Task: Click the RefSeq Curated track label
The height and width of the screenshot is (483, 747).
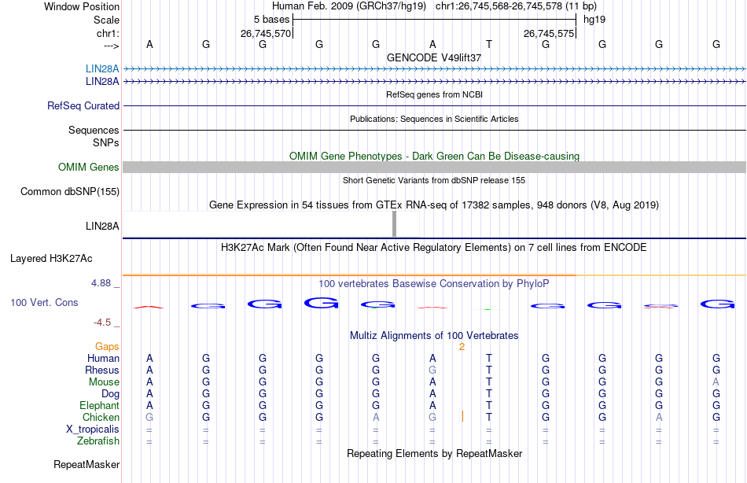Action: click(x=83, y=105)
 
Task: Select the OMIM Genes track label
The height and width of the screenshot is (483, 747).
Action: click(x=89, y=167)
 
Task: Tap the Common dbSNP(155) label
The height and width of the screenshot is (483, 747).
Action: click(x=70, y=191)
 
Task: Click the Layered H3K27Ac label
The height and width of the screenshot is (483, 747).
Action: click(x=51, y=258)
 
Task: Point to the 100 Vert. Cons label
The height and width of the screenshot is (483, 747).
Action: click(x=44, y=302)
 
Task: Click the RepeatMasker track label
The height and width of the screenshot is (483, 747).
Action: click(x=86, y=465)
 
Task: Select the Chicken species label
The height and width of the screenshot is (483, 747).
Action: click(x=101, y=417)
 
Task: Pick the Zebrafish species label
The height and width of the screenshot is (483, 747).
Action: click(x=98, y=441)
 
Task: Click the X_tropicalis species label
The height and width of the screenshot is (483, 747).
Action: click(x=93, y=429)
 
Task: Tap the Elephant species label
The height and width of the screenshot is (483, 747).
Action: click(x=99, y=405)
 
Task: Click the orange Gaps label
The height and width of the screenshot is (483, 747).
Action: click(x=107, y=346)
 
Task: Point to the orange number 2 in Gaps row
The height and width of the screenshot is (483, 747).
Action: click(x=462, y=346)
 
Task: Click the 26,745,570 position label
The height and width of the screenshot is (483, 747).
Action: click(x=266, y=34)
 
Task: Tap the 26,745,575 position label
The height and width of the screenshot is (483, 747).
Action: click(x=549, y=34)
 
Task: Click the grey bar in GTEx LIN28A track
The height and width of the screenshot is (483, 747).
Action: click(x=394, y=224)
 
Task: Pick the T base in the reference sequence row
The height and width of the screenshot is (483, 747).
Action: click(x=489, y=44)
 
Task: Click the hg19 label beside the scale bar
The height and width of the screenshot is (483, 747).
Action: click(x=594, y=18)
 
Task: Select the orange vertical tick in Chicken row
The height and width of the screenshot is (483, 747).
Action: click(x=462, y=416)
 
